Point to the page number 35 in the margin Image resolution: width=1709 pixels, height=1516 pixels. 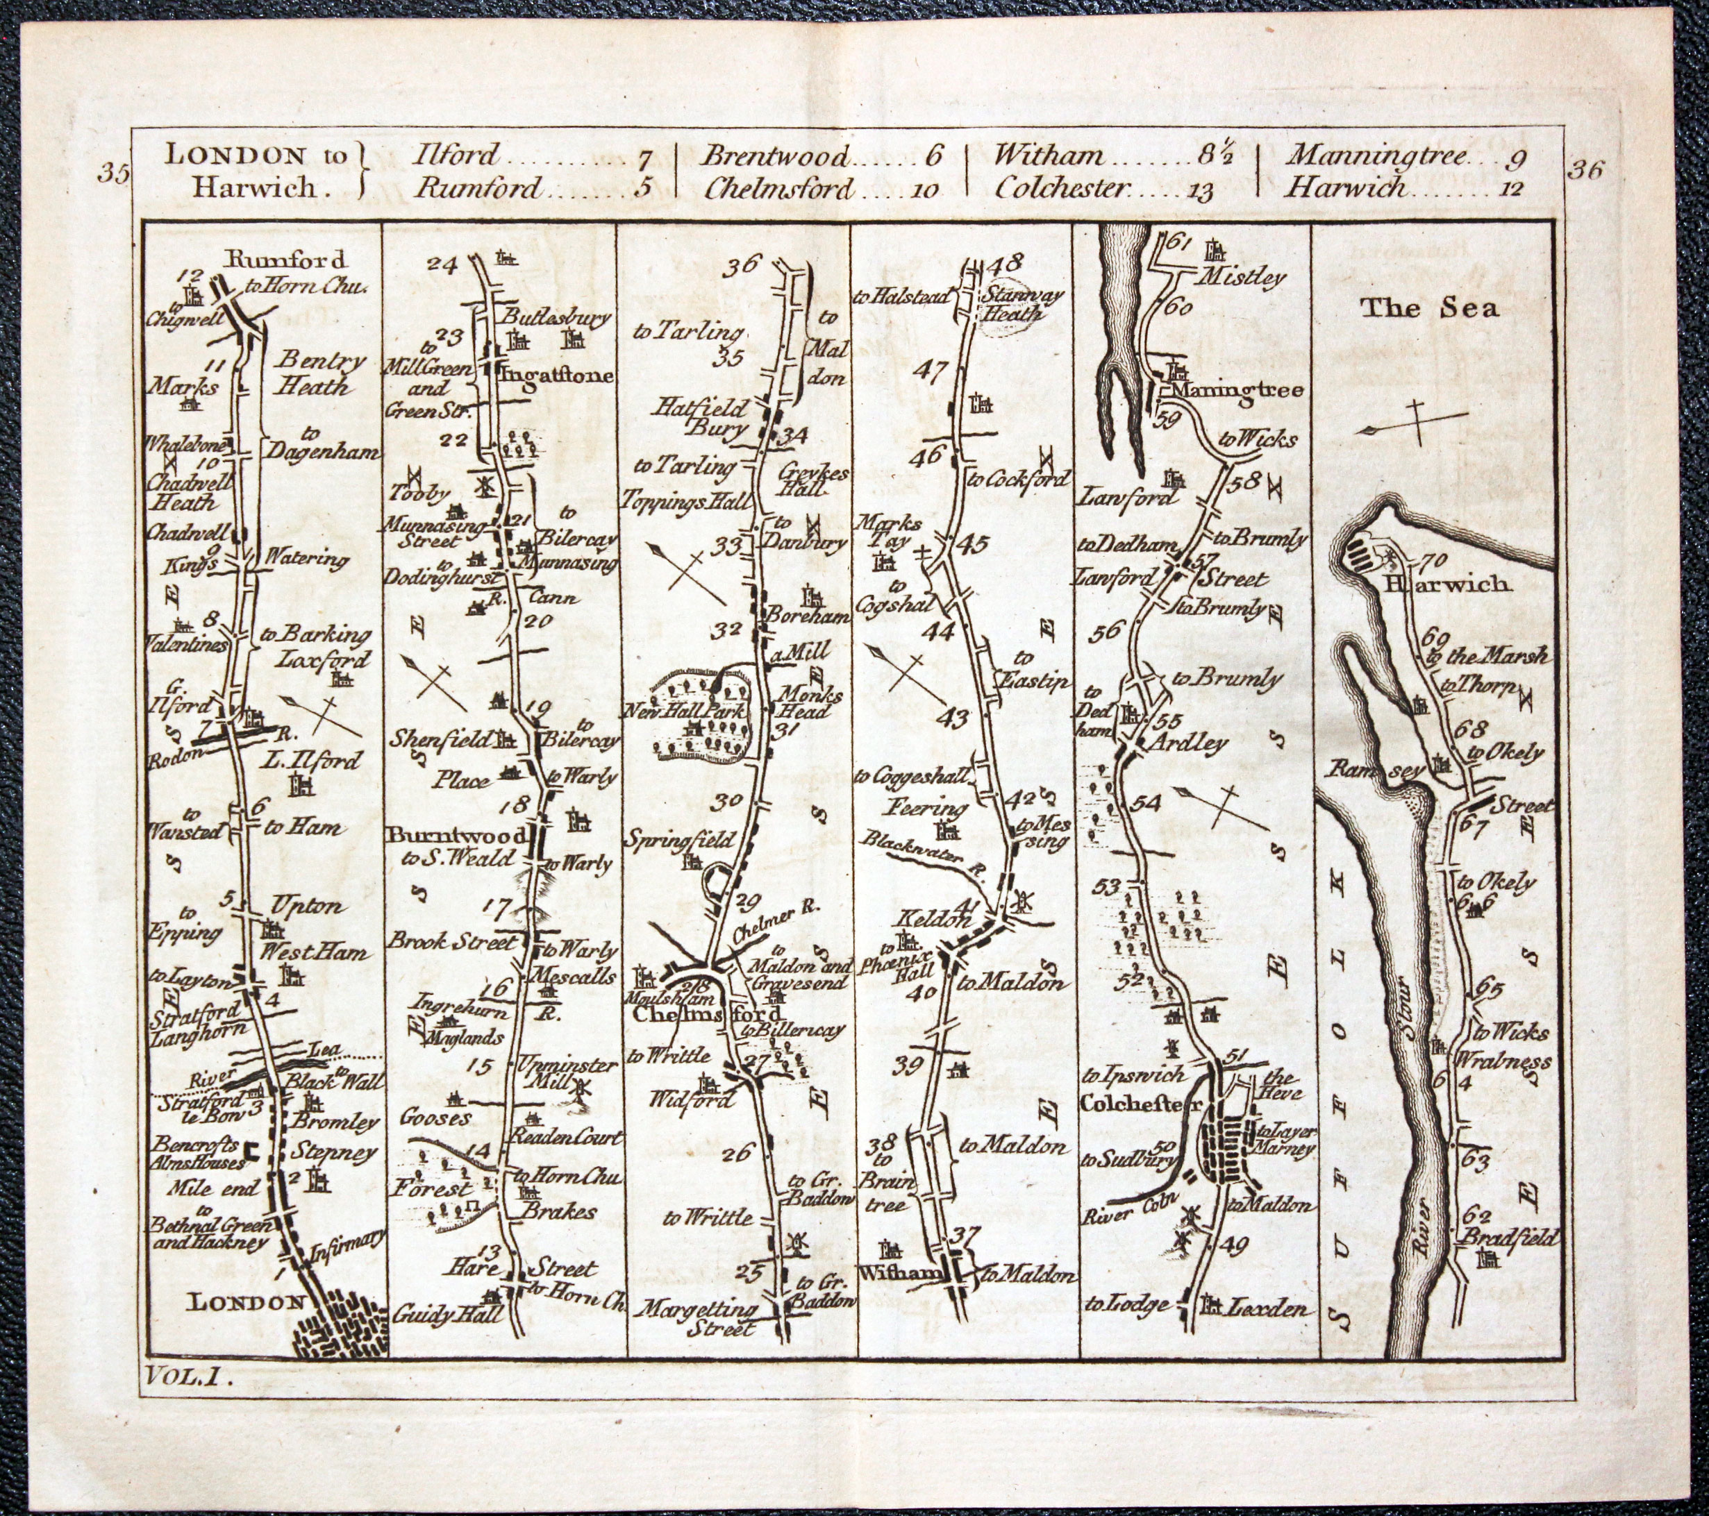(x=114, y=173)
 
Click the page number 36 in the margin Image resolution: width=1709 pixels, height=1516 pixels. (x=1585, y=171)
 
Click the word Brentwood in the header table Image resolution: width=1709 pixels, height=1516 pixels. (x=766, y=155)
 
